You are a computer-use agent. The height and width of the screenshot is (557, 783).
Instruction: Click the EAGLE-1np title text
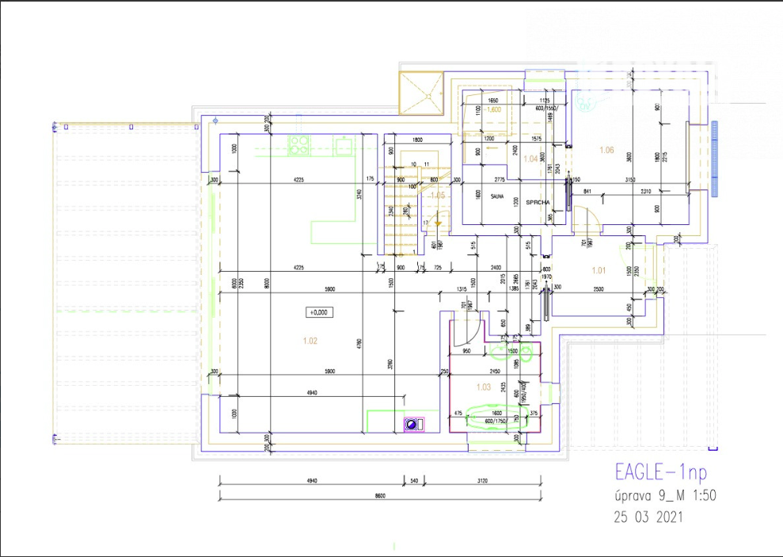(660, 471)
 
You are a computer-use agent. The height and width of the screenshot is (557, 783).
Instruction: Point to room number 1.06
(607, 150)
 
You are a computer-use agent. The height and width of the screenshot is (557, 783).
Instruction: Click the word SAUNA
(497, 197)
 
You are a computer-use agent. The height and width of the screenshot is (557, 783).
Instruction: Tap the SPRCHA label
(538, 202)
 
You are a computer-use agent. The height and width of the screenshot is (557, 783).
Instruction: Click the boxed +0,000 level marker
(321, 312)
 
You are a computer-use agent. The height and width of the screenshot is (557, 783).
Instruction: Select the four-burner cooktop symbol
(299, 145)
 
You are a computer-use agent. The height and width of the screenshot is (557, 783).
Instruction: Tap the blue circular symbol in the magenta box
(413, 425)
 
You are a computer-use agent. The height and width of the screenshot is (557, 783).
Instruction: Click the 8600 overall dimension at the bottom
(380, 496)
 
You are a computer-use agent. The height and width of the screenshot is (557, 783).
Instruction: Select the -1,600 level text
(493, 109)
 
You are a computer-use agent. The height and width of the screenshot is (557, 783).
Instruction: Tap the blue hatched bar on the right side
(714, 158)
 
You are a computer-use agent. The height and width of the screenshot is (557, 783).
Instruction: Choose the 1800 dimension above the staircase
(416, 139)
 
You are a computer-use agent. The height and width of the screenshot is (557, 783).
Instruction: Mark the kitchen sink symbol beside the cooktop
(344, 146)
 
